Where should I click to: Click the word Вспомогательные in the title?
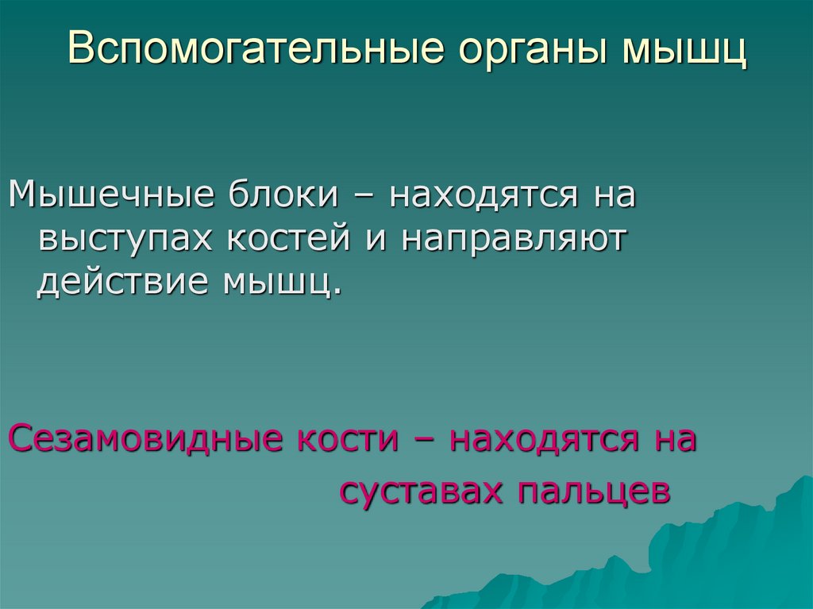(x=254, y=48)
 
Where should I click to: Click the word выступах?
(x=127, y=239)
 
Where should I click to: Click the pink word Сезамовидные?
(x=140, y=438)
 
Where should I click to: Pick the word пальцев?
(x=595, y=492)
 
